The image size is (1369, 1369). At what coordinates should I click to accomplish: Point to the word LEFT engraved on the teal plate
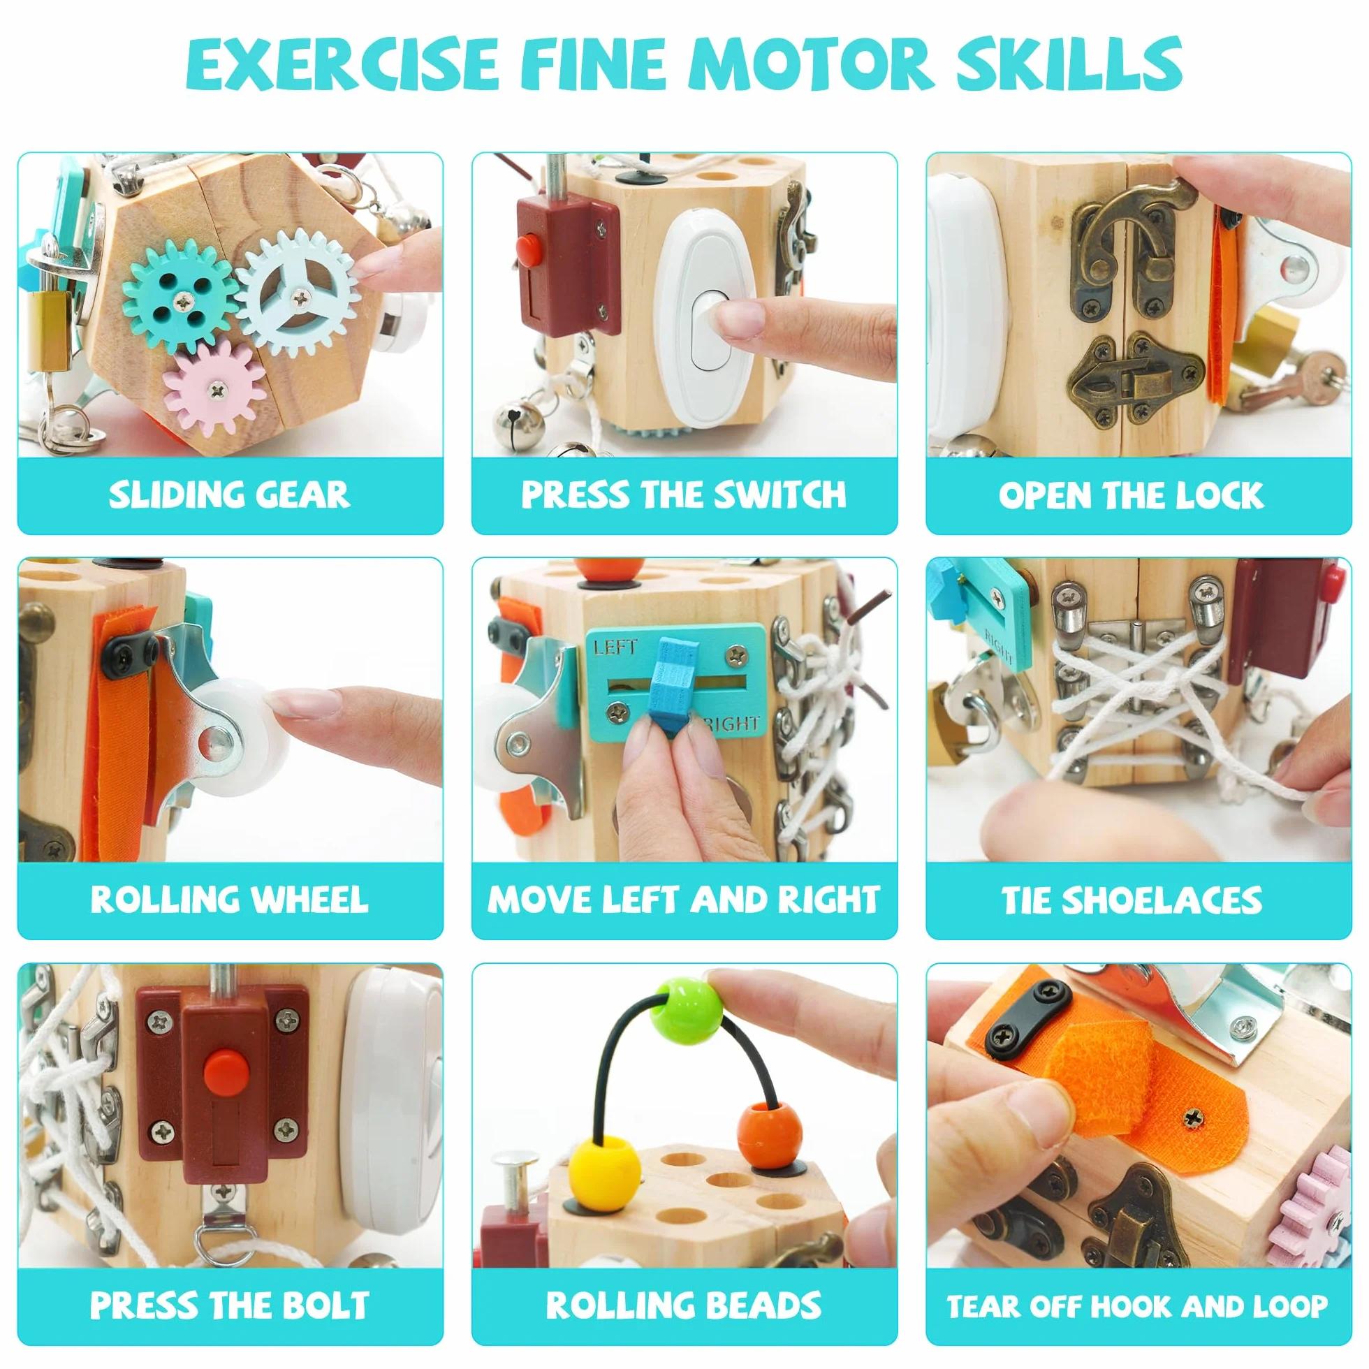(x=615, y=646)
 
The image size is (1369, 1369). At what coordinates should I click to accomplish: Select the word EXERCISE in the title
(x=343, y=64)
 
